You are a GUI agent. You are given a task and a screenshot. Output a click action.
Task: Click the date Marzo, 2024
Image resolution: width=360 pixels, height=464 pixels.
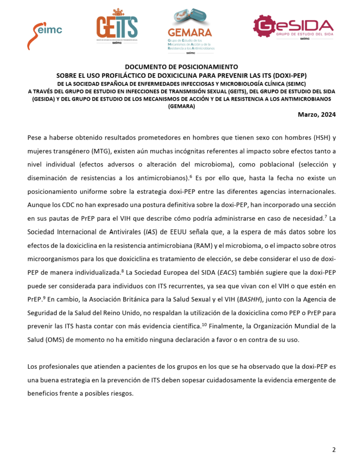click(316, 115)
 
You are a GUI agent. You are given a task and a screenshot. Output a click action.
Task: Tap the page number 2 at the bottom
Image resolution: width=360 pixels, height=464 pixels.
click(334, 449)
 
